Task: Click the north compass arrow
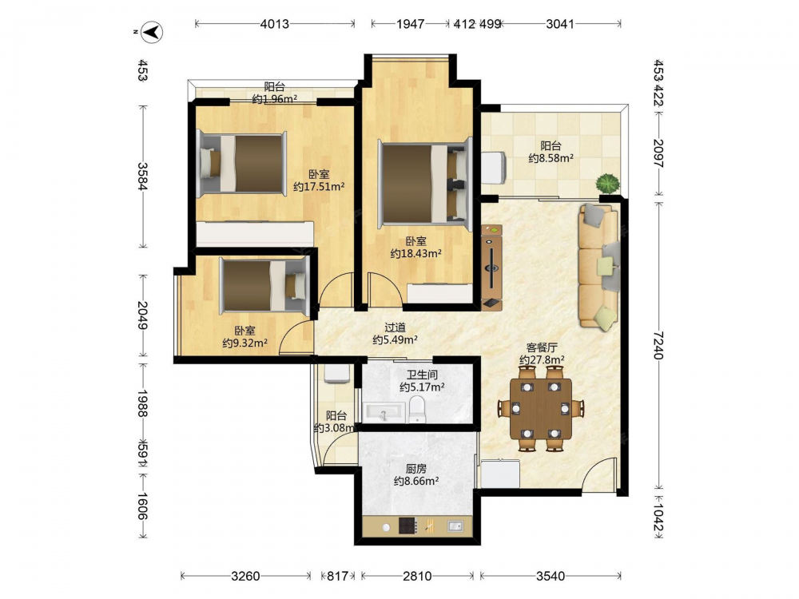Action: (151, 32)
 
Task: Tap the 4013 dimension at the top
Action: (275, 24)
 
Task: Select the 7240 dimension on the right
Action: (658, 345)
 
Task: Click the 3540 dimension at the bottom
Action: (551, 576)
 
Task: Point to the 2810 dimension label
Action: (417, 576)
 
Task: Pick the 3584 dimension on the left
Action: (143, 177)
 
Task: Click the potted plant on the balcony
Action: (608, 183)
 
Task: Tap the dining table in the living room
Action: (541, 408)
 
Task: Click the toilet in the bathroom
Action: (417, 409)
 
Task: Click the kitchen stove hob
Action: (407, 526)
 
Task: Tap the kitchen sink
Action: (455, 526)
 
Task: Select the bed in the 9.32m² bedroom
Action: (264, 285)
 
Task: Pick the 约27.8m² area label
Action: (542, 360)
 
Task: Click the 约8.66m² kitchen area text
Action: (416, 481)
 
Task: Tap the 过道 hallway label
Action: (395, 327)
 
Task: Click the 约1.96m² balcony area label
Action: (275, 99)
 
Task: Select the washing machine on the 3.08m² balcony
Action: (336, 373)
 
